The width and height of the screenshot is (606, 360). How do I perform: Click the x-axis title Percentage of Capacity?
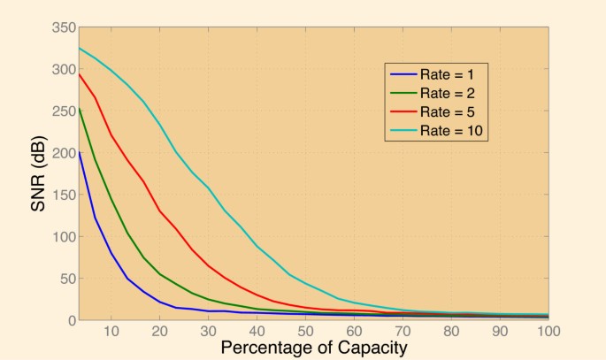(x=313, y=348)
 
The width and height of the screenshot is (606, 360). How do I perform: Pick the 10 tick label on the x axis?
(x=111, y=331)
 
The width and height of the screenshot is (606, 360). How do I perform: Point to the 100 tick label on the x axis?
(x=546, y=331)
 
